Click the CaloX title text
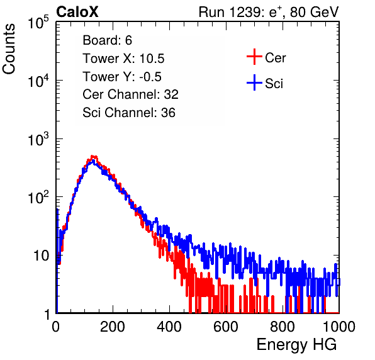(x=77, y=12)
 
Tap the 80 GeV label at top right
(x=314, y=12)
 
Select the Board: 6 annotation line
(x=107, y=40)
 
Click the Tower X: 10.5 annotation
(x=123, y=59)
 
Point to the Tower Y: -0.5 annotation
(x=122, y=77)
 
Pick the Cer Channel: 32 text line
(x=130, y=94)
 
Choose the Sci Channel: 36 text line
(x=129, y=113)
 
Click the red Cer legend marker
(x=254, y=57)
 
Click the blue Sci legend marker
(x=254, y=82)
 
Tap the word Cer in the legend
(x=275, y=58)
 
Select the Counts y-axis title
(x=9, y=49)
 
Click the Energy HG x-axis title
(x=296, y=344)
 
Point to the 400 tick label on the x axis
(x=169, y=327)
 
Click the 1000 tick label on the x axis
(x=339, y=327)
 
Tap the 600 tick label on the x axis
(x=226, y=327)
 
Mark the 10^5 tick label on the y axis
(x=38, y=23)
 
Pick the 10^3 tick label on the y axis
(x=38, y=140)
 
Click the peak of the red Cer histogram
(x=93, y=157)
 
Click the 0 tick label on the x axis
(x=56, y=327)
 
